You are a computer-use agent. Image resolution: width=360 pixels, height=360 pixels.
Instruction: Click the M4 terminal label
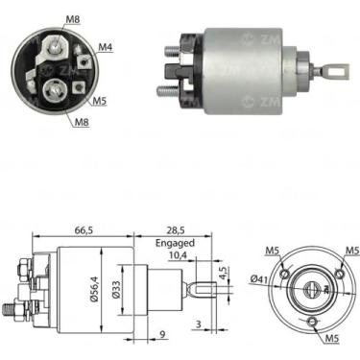(x=105, y=47)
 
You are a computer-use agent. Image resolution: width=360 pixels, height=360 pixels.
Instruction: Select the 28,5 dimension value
(x=176, y=230)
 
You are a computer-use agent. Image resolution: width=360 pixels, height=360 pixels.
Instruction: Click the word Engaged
(x=175, y=243)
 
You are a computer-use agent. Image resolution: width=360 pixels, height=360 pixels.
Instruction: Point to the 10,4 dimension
(x=178, y=255)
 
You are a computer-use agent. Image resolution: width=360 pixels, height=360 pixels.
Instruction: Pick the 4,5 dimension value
(x=224, y=272)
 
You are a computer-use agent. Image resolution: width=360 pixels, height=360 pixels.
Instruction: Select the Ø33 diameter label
(x=116, y=290)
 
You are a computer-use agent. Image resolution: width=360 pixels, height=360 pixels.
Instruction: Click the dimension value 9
(x=162, y=335)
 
